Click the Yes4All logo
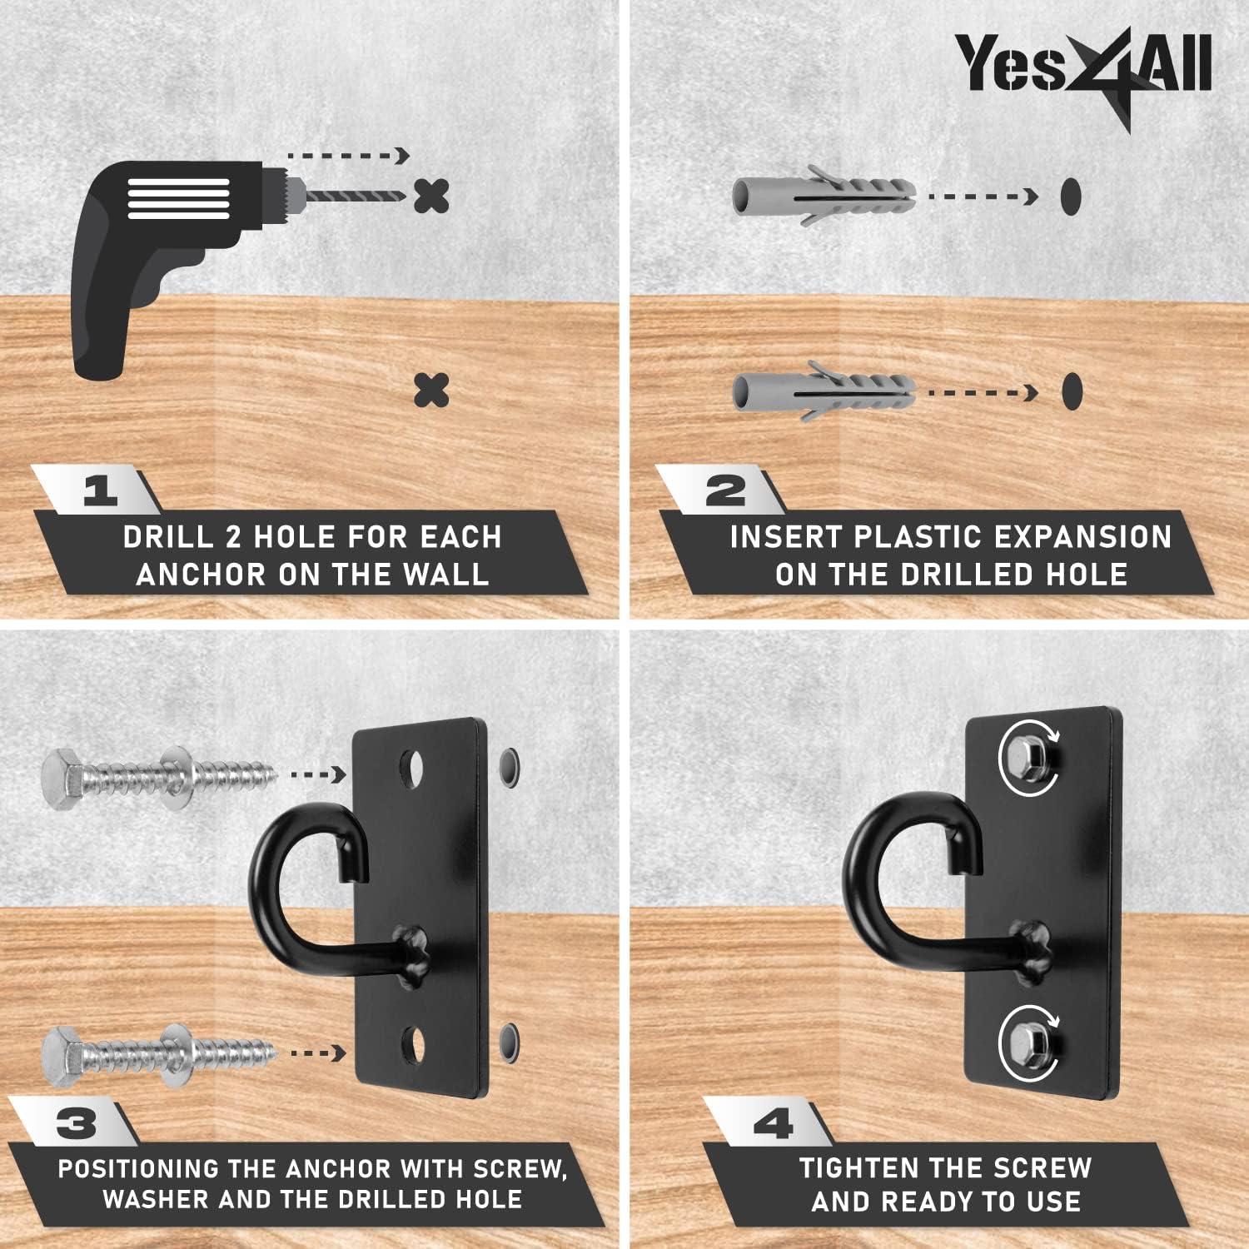pyautogui.click(x=1082, y=67)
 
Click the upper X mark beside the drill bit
pyautogui.click(x=431, y=197)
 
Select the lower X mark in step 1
pyautogui.click(x=431, y=390)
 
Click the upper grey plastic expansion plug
pyautogui.click(x=824, y=197)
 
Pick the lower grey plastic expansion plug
pyautogui.click(x=824, y=391)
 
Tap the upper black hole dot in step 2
pyautogui.click(x=1071, y=196)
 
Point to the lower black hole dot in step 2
pyautogui.click(x=1072, y=391)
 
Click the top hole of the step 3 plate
pyautogui.click(x=413, y=769)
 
